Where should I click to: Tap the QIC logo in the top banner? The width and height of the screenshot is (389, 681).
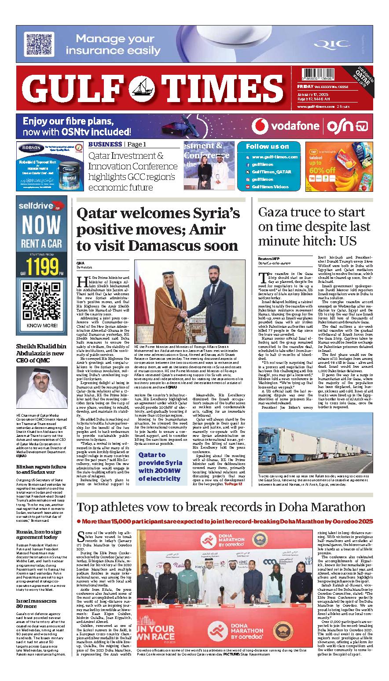point(327,44)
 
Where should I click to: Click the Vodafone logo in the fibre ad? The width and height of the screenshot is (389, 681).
point(286,127)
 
